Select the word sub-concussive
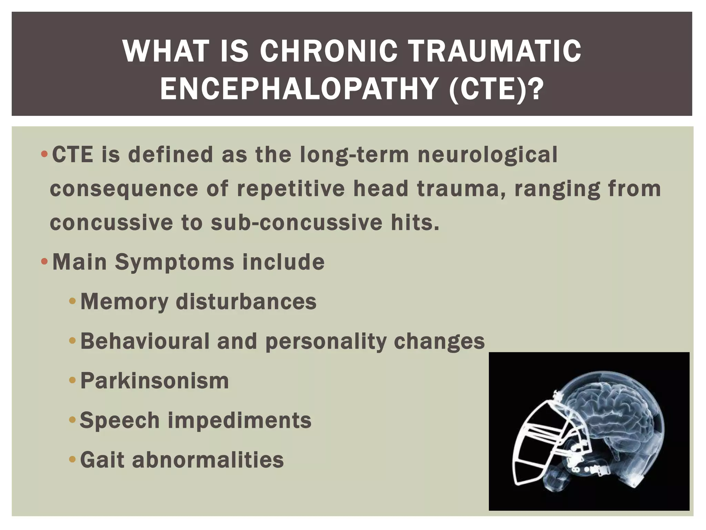pyautogui.click(x=296, y=223)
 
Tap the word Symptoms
pyautogui.click(x=174, y=262)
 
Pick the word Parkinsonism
pyautogui.click(x=154, y=381)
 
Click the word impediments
pyautogui.click(x=240, y=421)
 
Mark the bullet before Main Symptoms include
pyautogui.click(x=44, y=262)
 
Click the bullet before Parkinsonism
pyautogui.click(x=72, y=381)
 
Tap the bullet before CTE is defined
pyautogui.click(x=44, y=154)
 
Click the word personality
pyautogui.click(x=326, y=342)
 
